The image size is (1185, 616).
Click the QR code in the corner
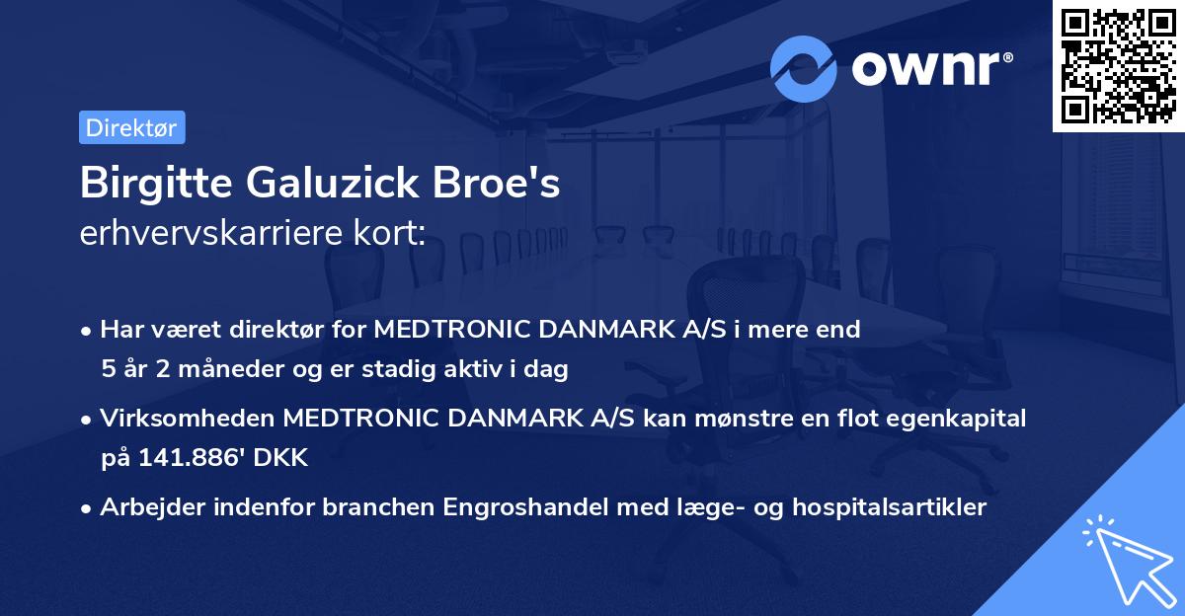point(1119,65)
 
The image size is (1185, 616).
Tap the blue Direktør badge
point(131,127)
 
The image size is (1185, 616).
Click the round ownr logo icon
point(804,68)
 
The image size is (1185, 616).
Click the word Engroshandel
point(522,507)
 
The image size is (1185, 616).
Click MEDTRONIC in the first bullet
point(452,330)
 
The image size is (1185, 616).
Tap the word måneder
point(221,370)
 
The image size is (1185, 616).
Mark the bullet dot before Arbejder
point(88,508)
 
